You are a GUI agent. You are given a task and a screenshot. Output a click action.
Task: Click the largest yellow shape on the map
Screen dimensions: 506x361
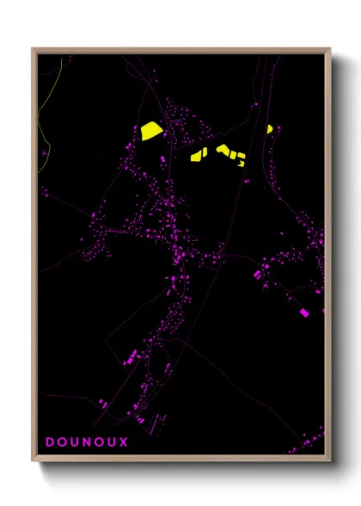click(x=151, y=130)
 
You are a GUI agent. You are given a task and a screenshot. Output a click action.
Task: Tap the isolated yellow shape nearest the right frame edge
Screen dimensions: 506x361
click(x=269, y=130)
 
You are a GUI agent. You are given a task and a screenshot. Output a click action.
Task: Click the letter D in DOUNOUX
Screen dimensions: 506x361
click(x=51, y=443)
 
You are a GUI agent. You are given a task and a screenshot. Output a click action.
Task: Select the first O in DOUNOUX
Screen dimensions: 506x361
click(x=64, y=443)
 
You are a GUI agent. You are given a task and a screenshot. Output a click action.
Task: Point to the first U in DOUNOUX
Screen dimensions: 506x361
click(x=76, y=443)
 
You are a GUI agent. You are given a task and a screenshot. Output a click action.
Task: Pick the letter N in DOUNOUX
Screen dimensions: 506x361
click(x=89, y=443)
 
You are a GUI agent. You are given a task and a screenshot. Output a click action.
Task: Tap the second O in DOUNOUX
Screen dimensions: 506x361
click(x=101, y=443)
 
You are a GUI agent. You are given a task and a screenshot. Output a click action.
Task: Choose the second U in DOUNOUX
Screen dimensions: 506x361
click(x=113, y=443)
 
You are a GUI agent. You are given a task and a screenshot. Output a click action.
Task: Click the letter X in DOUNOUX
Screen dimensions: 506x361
click(x=125, y=443)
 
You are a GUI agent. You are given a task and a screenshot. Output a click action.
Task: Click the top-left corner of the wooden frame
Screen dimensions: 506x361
click(x=33, y=49)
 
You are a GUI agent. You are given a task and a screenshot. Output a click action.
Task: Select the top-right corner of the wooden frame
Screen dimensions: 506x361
click(x=330, y=49)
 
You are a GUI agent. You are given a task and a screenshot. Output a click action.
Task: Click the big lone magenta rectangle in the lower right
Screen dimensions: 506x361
click(x=303, y=312)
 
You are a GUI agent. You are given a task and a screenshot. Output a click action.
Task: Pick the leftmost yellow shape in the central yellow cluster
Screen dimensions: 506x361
click(x=196, y=157)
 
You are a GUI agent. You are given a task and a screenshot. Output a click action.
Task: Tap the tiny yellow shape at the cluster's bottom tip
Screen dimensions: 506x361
click(x=242, y=163)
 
